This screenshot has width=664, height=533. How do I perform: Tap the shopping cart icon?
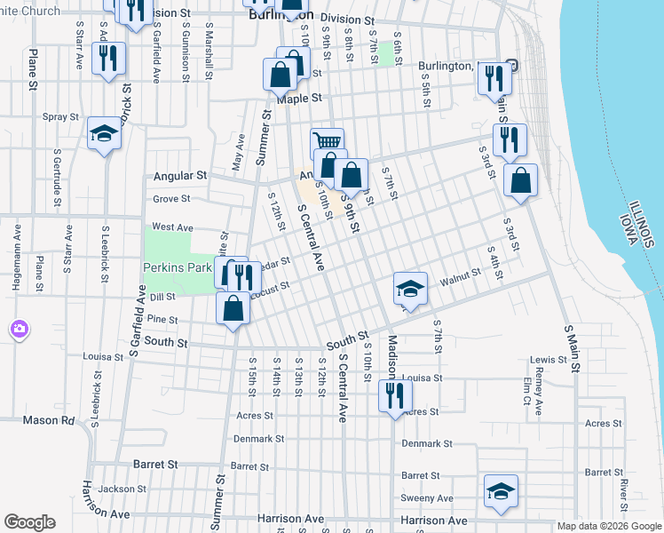pyautogui.click(x=328, y=141)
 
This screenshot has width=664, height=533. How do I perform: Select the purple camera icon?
pyautogui.click(x=19, y=330)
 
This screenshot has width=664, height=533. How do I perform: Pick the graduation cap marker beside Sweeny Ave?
pyautogui.click(x=501, y=490)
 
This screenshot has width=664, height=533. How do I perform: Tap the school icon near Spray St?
pyautogui.click(x=104, y=134)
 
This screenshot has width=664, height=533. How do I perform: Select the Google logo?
pyautogui.click(x=29, y=522)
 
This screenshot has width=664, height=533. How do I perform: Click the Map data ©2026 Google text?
pyautogui.click(x=609, y=526)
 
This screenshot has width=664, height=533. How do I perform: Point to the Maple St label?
pyautogui.click(x=297, y=99)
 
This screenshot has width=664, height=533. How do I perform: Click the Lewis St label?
pyautogui.click(x=549, y=360)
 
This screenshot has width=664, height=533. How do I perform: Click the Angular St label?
pyautogui.click(x=180, y=176)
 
